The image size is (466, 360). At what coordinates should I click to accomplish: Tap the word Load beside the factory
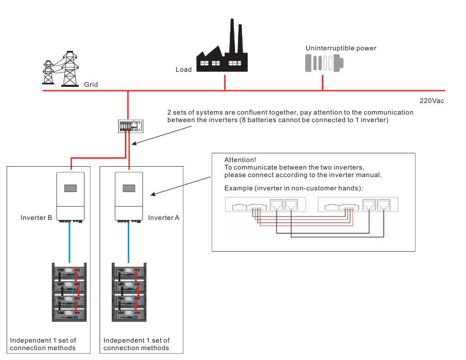pyautogui.click(x=183, y=70)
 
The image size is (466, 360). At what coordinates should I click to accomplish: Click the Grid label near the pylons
pyautogui.click(x=90, y=85)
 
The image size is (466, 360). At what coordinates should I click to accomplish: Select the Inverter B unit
pyautogui.click(x=72, y=195)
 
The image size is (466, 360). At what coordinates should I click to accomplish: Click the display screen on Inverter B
pyautogui.click(x=72, y=189)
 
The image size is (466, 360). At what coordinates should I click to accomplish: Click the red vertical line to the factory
pyautogui.click(x=225, y=82)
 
